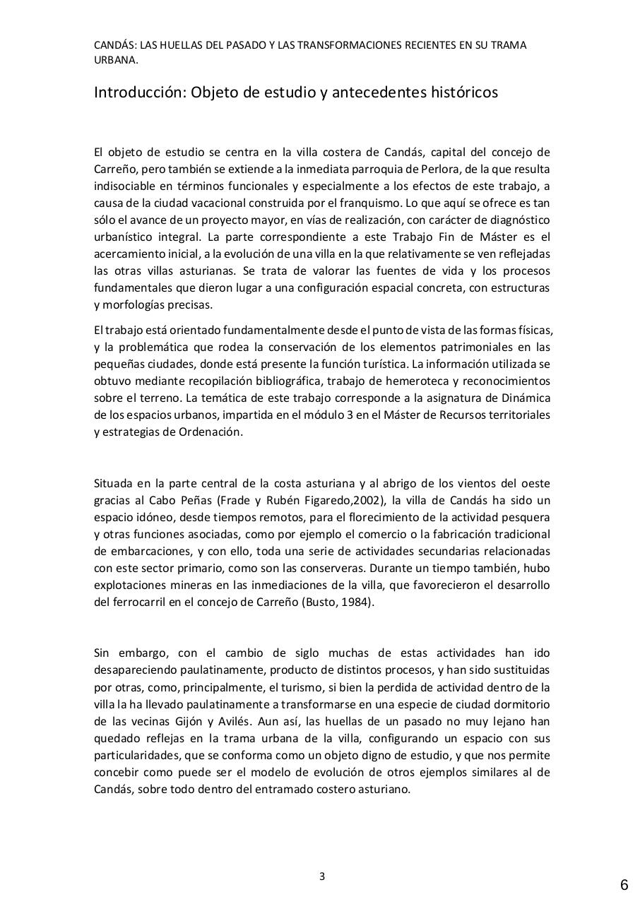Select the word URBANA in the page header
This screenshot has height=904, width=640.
point(114,60)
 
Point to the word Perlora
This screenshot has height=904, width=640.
point(426,169)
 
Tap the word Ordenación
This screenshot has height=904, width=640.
point(212,432)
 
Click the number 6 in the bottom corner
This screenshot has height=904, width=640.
point(624,885)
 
